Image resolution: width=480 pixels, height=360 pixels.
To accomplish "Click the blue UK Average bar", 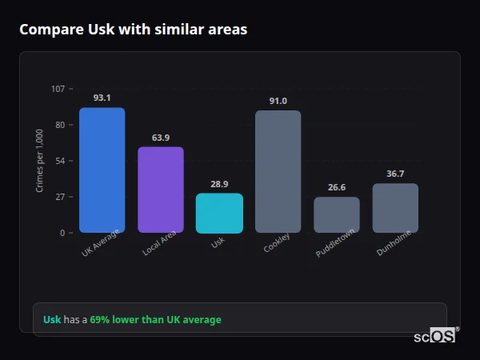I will (102, 170).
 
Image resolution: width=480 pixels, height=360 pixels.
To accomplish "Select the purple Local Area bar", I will (160, 190).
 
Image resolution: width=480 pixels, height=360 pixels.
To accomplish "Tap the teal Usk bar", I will (219, 213).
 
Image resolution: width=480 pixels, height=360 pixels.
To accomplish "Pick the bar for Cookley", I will (278, 171).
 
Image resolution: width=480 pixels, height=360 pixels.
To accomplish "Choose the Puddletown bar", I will (336, 214).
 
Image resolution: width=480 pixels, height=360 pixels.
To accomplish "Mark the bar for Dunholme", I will (395, 208).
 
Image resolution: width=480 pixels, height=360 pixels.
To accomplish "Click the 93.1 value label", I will (102, 98).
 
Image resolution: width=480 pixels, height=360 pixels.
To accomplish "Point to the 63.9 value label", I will (160, 138).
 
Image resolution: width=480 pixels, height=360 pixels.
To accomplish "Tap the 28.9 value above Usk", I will (219, 184).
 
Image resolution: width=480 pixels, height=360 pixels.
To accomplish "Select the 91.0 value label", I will (278, 101).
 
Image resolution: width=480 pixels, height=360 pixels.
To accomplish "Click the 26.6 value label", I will (336, 187).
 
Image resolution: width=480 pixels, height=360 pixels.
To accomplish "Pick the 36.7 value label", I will (395, 174).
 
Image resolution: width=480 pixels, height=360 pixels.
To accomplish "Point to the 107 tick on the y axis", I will (58, 88).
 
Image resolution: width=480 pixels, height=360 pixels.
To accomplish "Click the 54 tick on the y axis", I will (60, 161).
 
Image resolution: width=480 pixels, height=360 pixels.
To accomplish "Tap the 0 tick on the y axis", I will (62, 233).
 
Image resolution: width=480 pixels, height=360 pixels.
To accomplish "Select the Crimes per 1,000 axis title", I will (40, 161).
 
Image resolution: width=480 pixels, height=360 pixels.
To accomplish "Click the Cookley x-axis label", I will (277, 242).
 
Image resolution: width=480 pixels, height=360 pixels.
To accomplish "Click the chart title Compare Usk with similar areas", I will (133, 30).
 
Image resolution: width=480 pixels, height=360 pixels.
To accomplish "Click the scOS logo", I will (434, 336).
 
